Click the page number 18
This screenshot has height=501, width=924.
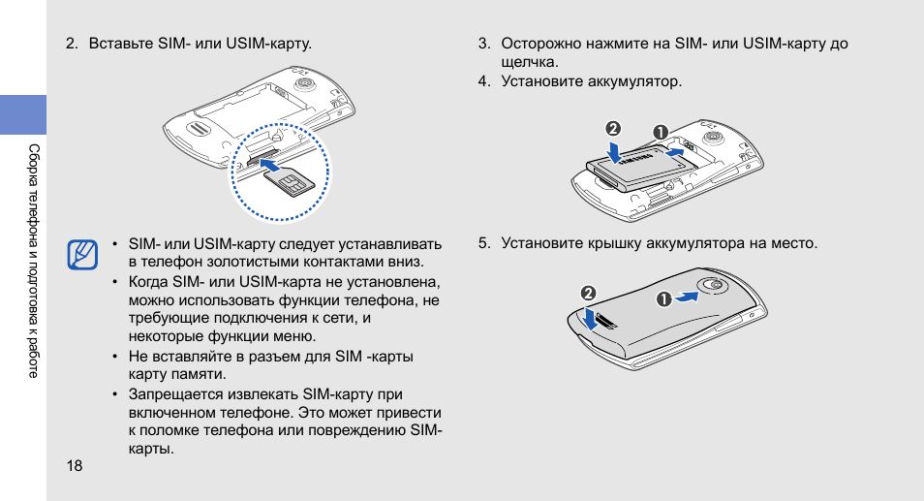coord(75,466)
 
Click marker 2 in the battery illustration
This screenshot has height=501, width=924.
coord(612,128)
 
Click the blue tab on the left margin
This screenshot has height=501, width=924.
coord(23,114)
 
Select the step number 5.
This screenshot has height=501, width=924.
coord(483,243)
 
